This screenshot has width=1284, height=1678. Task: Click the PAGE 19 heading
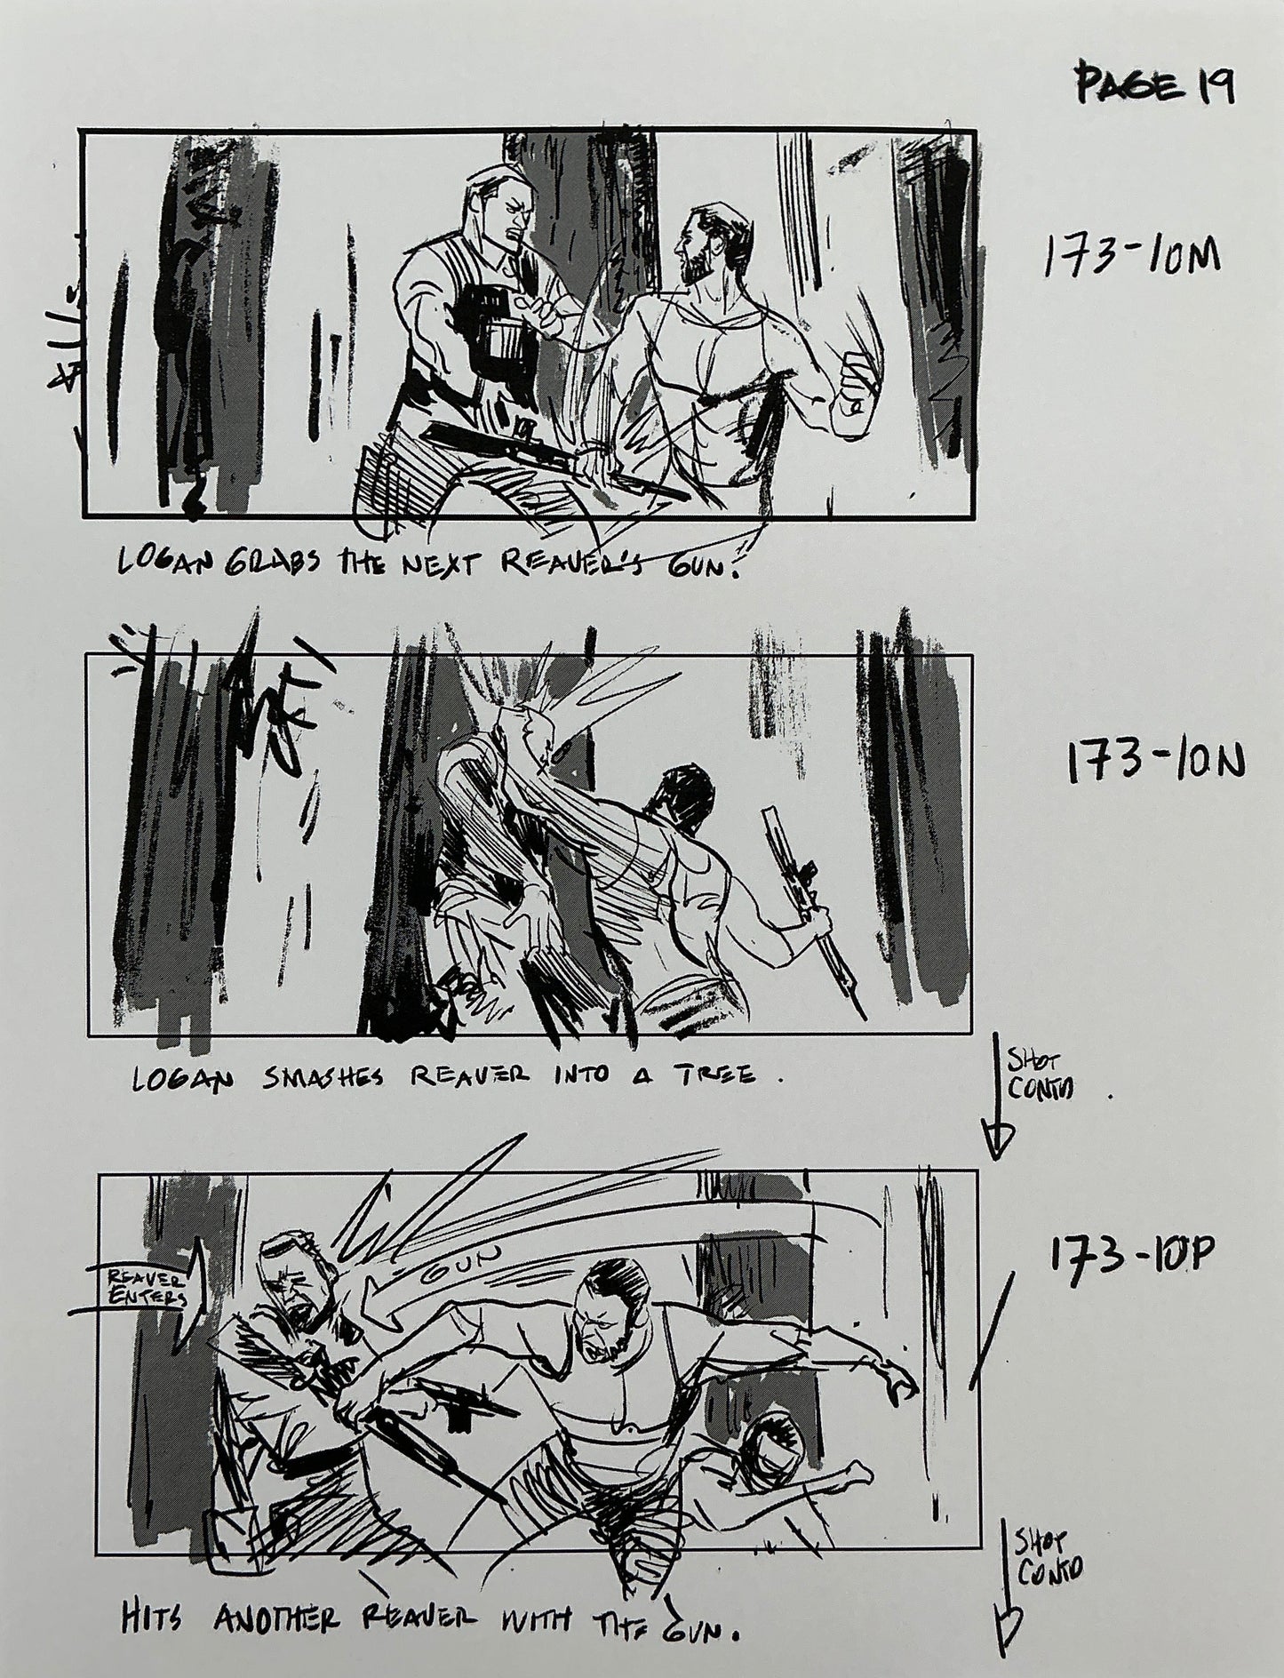tap(1152, 85)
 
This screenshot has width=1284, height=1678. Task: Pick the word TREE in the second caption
tap(718, 1075)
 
